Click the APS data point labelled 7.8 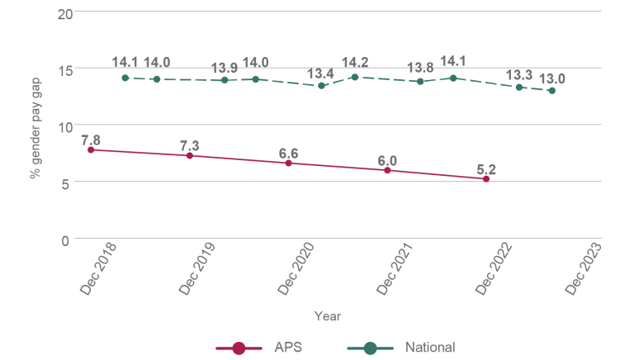tap(90, 149)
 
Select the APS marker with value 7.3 tap(189, 155)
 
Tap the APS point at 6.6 tap(288, 163)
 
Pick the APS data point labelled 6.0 tap(387, 170)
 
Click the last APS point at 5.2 tap(486, 179)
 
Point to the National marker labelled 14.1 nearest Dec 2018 tap(125, 78)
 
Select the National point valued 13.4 tap(321, 86)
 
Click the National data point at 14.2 tap(354, 77)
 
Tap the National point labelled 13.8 tap(420, 81)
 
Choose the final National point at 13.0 tap(551, 91)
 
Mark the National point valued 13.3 tap(519, 87)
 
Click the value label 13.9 tap(224, 67)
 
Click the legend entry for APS tap(259, 348)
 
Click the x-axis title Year tap(327, 316)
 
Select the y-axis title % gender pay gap tap(35, 126)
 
